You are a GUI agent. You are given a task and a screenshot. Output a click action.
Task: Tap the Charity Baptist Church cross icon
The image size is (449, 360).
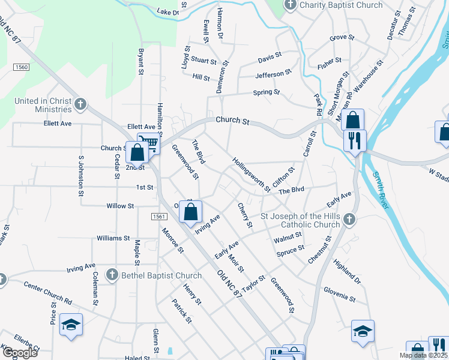point(291,5)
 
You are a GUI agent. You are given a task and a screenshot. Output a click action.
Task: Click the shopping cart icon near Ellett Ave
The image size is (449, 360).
point(149,142)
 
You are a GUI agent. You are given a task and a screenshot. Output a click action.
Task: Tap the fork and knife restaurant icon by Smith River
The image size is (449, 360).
point(354,140)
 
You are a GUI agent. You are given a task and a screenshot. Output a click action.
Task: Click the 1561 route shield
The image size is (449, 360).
point(158,216)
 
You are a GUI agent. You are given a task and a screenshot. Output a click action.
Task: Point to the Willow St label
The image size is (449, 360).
point(120,206)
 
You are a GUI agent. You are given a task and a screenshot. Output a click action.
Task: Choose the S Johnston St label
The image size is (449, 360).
point(80,176)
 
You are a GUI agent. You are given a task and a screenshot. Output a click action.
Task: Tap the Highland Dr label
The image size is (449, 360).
point(347,272)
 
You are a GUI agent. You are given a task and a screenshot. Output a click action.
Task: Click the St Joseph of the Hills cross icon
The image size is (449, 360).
point(350,220)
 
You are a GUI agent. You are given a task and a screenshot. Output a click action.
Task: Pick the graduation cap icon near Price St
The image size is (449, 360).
point(71,325)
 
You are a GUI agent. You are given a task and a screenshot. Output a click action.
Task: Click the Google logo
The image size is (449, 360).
point(20,353)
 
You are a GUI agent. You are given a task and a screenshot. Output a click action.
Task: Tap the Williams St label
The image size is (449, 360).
point(114,238)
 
